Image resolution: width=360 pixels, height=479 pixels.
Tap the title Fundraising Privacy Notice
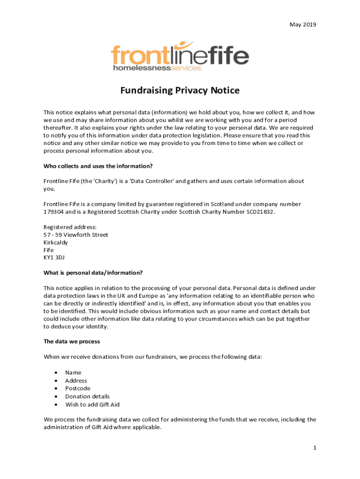pos(180,90)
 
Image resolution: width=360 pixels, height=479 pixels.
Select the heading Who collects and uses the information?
pos(98,166)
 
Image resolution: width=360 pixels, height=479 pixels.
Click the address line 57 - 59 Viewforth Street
pos(76,235)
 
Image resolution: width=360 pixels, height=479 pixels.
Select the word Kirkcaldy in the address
pos(56,242)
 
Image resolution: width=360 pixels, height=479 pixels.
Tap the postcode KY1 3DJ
pos(54,257)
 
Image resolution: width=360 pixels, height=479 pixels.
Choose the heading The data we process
pos(72,341)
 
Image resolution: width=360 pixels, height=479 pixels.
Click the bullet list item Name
pos(73,372)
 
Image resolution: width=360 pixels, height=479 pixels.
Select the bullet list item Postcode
pos(78,388)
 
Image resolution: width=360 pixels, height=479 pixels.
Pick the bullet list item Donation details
pos(87,396)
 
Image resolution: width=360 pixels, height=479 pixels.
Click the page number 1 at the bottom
pos(315,448)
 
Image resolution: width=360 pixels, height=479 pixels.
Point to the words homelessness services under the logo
pos(157,68)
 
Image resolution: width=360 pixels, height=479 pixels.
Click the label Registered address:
pos(70,227)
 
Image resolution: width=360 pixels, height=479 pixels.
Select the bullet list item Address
pos(76,380)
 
